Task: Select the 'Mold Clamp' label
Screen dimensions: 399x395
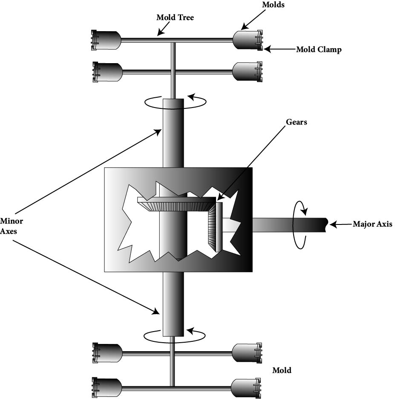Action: coord(319,50)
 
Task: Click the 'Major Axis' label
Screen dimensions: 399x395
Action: coord(372,224)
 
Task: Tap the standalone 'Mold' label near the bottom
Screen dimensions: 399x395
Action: coord(282,370)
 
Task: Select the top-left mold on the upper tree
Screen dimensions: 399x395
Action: coord(107,40)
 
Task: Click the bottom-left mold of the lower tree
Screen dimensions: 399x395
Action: coord(107,387)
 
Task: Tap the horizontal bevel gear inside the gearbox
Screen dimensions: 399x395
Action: coord(176,204)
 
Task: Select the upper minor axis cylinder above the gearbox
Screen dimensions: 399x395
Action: coord(173,132)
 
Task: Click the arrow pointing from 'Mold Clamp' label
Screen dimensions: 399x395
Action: coord(279,50)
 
